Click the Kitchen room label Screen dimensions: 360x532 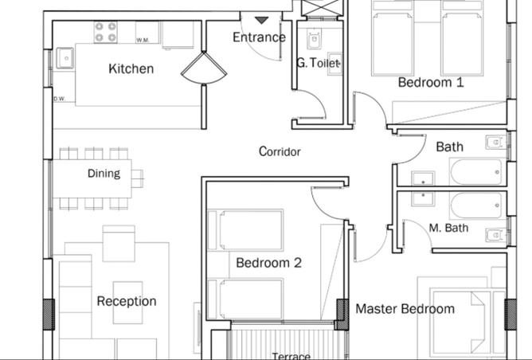[131, 69]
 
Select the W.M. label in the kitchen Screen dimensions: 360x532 [143, 40]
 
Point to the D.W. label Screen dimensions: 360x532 [59, 99]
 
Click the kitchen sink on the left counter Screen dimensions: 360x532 [65, 57]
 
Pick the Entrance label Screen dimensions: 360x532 [259, 37]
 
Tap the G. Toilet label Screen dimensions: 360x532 [319, 63]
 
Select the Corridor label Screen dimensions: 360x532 [280, 151]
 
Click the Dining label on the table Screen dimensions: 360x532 [104, 174]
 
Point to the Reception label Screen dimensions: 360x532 [127, 301]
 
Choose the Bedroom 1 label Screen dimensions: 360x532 [430, 82]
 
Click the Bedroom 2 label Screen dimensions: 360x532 [268, 263]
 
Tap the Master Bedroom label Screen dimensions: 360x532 [405, 309]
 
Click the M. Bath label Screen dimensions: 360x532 [448, 229]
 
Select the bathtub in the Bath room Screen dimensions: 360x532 [475, 171]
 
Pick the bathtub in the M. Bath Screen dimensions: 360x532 [476, 205]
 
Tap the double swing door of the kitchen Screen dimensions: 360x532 [204, 70]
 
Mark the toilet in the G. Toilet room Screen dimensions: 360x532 [314, 39]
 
